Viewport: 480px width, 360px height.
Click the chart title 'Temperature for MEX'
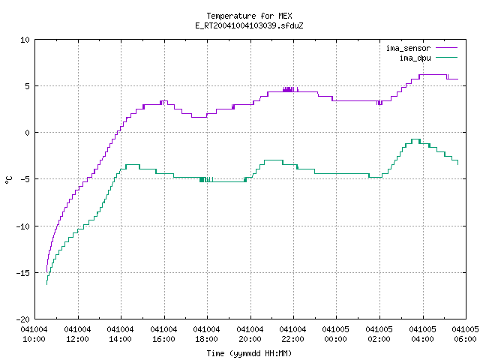249,16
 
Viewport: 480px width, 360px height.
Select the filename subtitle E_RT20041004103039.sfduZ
249,25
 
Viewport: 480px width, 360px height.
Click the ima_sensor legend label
408,48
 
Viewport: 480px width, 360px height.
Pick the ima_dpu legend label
415,58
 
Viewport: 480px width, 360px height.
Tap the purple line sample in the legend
447,48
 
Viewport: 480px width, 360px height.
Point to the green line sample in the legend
447,57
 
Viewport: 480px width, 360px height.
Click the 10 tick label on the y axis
25,40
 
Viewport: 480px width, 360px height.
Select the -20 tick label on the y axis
22,319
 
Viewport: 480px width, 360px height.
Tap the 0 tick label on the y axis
27,133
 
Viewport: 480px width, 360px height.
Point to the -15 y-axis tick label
22,273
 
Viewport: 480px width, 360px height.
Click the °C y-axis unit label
9,180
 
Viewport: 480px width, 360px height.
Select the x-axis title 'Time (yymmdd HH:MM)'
249,353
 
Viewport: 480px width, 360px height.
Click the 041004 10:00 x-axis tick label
34,334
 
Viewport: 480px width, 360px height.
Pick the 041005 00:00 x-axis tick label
335,334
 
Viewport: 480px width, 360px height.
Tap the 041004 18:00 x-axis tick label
207,334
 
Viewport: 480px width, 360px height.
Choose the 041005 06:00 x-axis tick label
465,334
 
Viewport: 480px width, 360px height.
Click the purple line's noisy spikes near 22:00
290,89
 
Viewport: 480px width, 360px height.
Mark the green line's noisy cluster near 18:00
206,180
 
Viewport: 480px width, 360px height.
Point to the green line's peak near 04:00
415,139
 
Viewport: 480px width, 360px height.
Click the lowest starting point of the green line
46,284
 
